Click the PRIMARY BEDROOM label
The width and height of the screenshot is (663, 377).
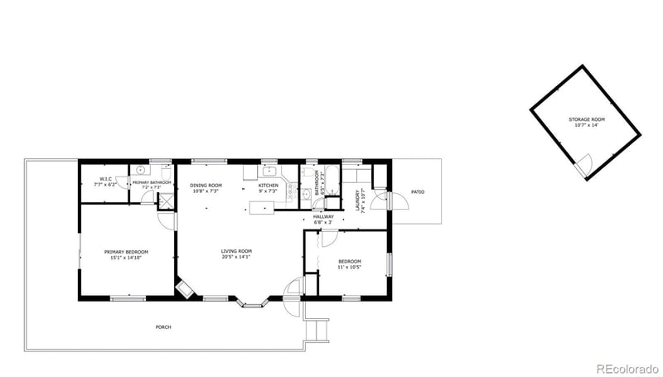click(127, 252)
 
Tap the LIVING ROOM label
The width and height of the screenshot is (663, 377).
click(236, 251)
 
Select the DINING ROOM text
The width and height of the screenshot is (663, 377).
click(205, 185)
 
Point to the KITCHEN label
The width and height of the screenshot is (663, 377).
click(268, 185)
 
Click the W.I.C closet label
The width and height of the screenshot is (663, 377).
click(106, 179)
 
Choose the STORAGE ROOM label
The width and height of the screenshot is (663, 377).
click(587, 119)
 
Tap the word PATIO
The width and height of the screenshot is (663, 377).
click(418, 192)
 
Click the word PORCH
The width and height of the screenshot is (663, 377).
click(164, 327)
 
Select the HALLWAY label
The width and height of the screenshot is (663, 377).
click(323, 217)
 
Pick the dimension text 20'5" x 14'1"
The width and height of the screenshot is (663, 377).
click(236, 257)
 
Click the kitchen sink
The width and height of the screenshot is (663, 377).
click(269, 172)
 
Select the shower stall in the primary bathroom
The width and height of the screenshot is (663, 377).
click(166, 200)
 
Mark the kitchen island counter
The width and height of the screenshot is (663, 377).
click(259, 206)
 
